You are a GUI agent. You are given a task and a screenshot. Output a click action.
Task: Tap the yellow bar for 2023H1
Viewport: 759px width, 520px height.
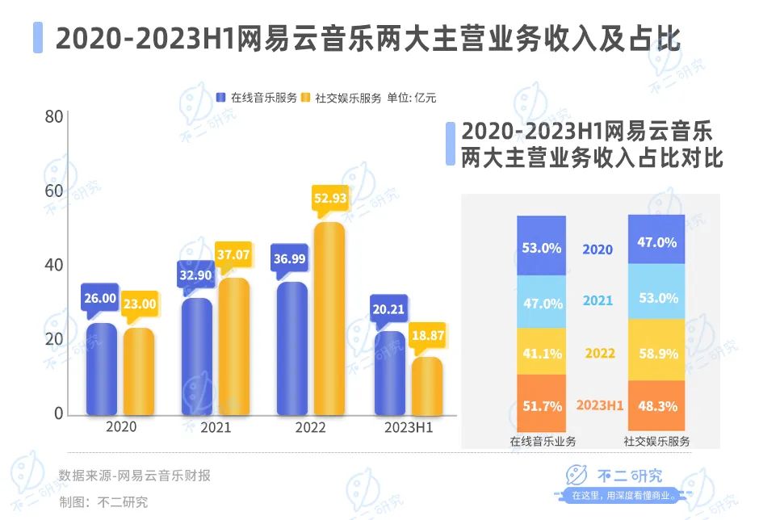tap(427, 387)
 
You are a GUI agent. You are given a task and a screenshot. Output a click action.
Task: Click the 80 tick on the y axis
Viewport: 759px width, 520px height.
tap(54, 117)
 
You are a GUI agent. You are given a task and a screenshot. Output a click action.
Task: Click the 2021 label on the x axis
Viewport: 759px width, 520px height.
tap(215, 428)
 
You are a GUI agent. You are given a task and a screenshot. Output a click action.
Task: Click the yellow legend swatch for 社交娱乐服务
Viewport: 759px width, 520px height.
tap(305, 98)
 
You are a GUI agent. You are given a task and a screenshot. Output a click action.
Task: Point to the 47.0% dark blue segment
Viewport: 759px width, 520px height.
tap(656, 241)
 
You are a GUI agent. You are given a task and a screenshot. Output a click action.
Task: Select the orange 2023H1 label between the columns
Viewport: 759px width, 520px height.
tap(600, 405)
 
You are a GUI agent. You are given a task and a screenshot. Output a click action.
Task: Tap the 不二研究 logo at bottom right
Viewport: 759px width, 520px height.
tap(623, 483)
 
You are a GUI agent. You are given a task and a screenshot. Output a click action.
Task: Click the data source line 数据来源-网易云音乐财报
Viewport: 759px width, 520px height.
tap(134, 476)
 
